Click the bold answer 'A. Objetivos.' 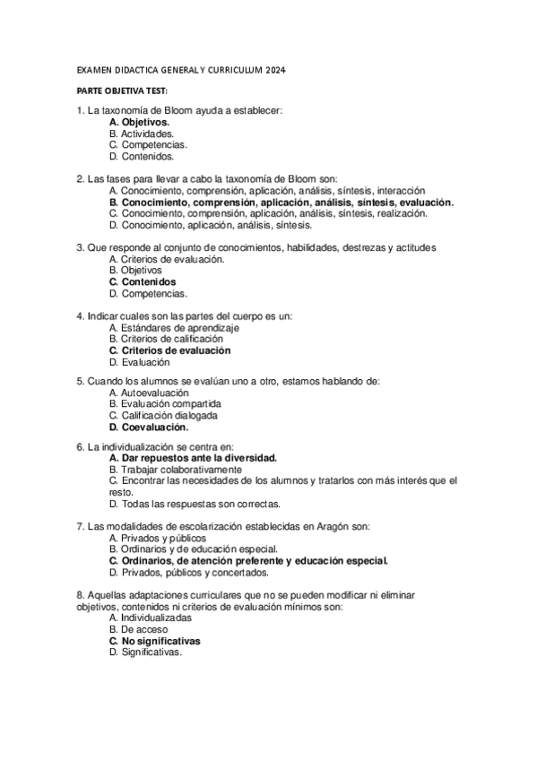(x=139, y=122)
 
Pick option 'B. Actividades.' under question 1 (x=142, y=133)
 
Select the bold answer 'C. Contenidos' (x=143, y=281)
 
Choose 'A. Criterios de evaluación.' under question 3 (x=167, y=259)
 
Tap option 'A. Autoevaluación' (x=149, y=393)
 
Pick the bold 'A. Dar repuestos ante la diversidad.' (x=193, y=457)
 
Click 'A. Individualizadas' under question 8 (x=150, y=618)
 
